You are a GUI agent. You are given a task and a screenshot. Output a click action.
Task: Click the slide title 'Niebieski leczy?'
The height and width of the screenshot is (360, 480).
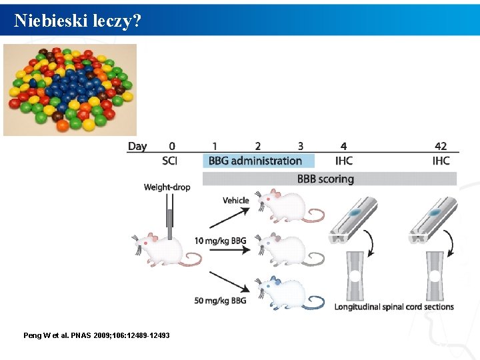77,21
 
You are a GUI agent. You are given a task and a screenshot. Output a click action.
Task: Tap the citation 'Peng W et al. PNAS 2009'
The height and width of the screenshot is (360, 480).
96,335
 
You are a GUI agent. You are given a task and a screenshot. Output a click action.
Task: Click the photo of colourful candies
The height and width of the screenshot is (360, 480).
70,89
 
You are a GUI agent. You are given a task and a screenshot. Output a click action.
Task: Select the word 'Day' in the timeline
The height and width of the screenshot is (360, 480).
137,146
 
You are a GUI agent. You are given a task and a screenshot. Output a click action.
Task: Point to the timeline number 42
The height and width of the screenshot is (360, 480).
441,146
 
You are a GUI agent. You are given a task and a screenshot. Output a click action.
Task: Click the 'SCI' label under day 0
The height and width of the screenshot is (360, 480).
170,161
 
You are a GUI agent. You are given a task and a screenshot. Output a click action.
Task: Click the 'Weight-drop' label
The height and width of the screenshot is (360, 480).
167,187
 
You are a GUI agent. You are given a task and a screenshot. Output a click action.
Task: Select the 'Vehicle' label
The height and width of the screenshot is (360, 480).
236,200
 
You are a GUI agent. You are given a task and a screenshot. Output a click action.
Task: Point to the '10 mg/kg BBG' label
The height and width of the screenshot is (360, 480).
220,241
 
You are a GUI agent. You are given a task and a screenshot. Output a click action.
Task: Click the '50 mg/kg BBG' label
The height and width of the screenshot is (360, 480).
220,301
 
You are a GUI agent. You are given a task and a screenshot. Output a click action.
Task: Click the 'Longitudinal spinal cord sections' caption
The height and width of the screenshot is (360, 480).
394,307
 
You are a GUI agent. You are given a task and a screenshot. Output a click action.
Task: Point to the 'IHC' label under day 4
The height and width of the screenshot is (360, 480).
344,161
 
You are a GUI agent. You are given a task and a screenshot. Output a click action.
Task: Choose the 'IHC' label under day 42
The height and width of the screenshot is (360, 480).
441,161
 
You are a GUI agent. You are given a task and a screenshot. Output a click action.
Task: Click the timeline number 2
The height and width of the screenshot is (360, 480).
258,146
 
